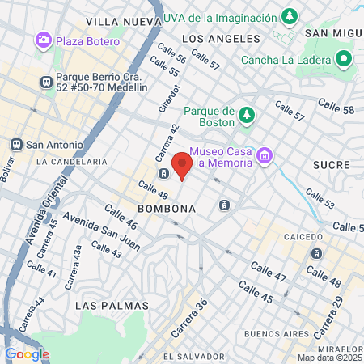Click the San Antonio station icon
(15, 144)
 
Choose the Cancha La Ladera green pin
(343, 58)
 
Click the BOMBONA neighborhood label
(167, 209)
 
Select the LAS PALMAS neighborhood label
(112, 306)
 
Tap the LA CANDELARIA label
(71, 162)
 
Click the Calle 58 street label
(336, 105)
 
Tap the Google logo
(27, 353)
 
